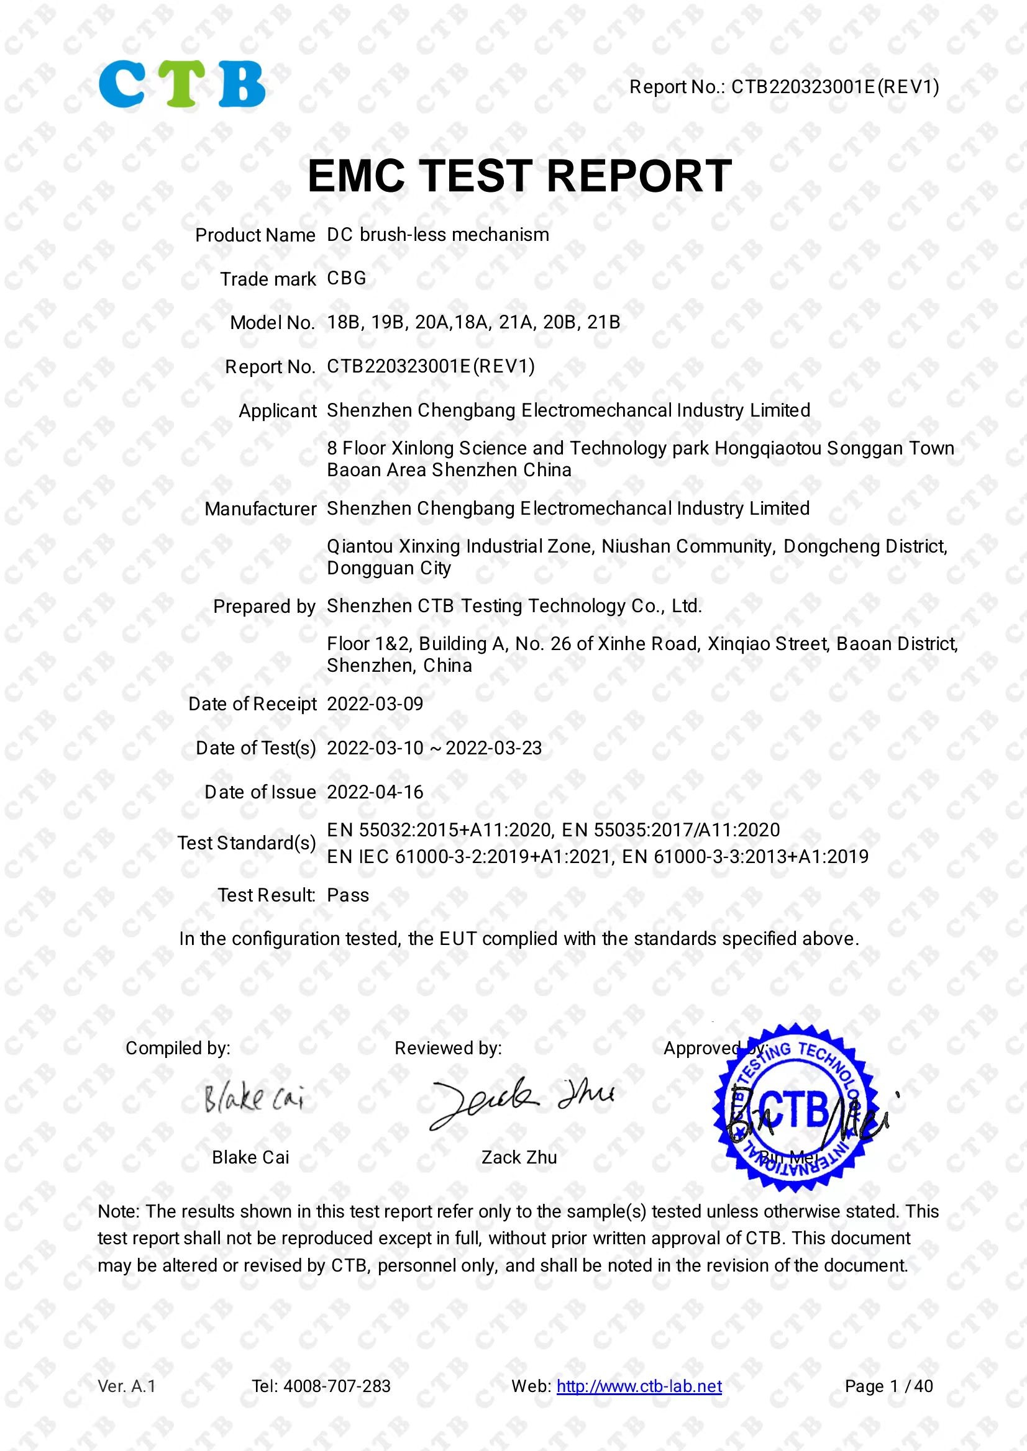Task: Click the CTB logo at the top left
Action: coord(181,84)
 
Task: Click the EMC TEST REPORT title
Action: coord(519,176)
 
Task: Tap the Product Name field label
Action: coord(255,235)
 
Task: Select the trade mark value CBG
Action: coord(347,279)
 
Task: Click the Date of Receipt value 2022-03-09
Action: coord(375,704)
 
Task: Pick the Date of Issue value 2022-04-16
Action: coord(375,792)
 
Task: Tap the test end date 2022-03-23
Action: coord(493,748)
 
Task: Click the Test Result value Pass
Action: coord(348,895)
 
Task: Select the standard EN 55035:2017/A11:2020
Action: coord(670,829)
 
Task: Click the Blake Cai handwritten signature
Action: coord(253,1100)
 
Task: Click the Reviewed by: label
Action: coord(448,1049)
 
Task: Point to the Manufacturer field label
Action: coord(260,509)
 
